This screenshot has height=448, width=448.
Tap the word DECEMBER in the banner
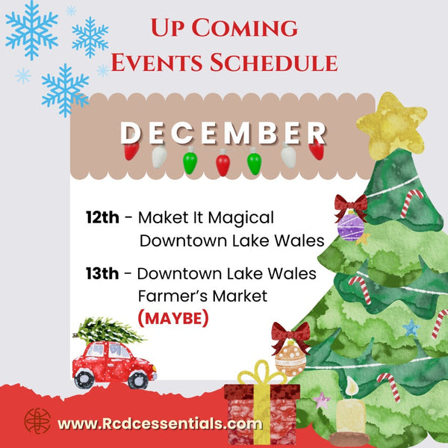pyautogui.click(x=223, y=133)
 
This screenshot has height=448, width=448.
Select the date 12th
pyautogui.click(x=102, y=218)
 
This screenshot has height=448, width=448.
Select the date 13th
pyautogui.click(x=102, y=273)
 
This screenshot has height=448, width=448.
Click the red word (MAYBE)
pyautogui.click(x=173, y=318)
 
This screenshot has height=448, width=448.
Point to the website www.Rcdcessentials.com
pyautogui.click(x=160, y=423)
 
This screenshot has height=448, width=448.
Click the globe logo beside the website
pyautogui.click(x=37, y=420)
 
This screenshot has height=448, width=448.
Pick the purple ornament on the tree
pyautogui.click(x=350, y=225)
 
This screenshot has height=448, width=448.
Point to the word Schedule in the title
pyautogui.click(x=281, y=63)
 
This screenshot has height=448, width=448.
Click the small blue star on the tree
pyautogui.click(x=409, y=327)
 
